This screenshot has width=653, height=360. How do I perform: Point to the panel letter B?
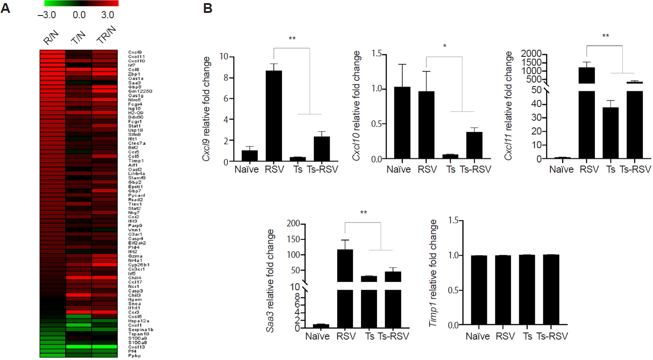point(207,8)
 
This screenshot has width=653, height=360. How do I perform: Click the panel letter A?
point(5,8)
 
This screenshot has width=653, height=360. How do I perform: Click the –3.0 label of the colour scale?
point(47,15)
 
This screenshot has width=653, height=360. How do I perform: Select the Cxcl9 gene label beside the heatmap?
point(135,52)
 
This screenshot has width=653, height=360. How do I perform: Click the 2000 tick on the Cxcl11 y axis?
point(526,54)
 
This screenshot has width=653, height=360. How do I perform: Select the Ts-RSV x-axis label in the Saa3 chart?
point(391,336)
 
